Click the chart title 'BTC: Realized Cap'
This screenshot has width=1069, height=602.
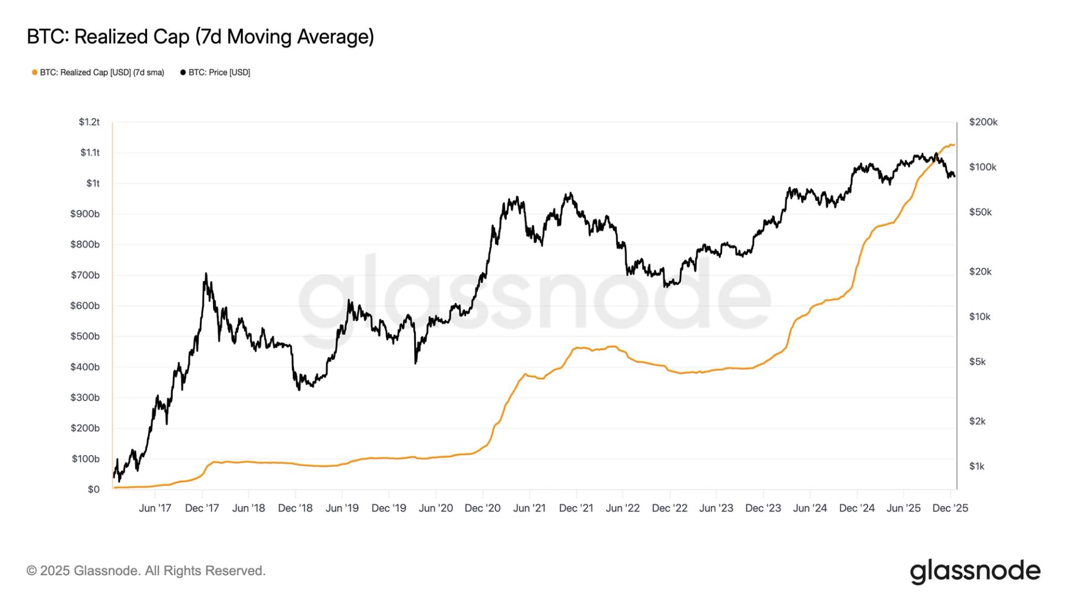[x=200, y=37]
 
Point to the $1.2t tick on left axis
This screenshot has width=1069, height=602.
[x=89, y=122]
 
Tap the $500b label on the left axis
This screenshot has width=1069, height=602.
[x=85, y=336]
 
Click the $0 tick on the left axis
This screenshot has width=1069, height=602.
[x=93, y=489]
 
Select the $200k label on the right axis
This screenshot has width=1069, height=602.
[x=983, y=122]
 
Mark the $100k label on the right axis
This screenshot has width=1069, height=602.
[x=983, y=167]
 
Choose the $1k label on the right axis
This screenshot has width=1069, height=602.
[x=977, y=466]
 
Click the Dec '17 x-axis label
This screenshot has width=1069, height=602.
[x=202, y=508]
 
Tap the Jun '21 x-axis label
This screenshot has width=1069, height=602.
[x=529, y=508]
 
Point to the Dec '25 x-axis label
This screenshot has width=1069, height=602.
[x=950, y=508]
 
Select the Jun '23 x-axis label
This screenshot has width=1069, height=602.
[x=716, y=508]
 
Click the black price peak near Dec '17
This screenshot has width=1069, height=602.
[x=205, y=274]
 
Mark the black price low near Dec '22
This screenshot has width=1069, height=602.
[x=666, y=287]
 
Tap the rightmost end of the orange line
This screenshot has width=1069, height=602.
[x=954, y=145]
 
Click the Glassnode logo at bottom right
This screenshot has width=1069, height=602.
[x=975, y=571]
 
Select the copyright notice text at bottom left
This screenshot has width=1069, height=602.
[x=146, y=571]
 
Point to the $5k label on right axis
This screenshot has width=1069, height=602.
[x=977, y=362]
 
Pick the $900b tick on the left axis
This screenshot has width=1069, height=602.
[x=85, y=214]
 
